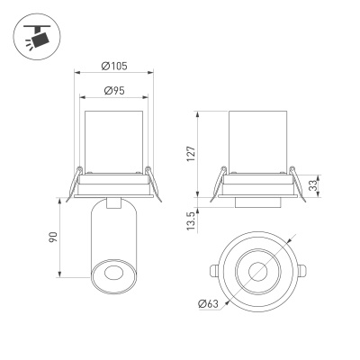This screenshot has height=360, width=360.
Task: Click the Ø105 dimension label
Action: pos(112,66)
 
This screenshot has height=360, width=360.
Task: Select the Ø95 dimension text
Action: pos(112,90)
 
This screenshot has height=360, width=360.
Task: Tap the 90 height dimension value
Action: pos(52,240)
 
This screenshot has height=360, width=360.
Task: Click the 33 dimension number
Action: pos(312,186)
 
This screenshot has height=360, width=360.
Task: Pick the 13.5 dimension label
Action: pos(191,220)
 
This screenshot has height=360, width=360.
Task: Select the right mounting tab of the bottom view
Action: pos(301,269)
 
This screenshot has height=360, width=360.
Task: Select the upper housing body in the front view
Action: pos(112,139)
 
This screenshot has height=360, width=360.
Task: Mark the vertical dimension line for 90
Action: pos(60,240)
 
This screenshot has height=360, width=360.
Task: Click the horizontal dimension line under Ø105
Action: pos(112,74)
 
